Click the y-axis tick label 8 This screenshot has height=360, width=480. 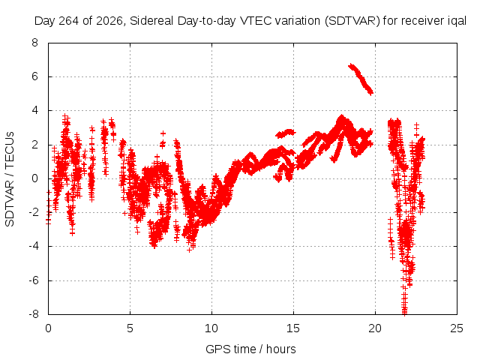click(x=35, y=43)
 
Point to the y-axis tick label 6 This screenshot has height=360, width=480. click(x=35, y=76)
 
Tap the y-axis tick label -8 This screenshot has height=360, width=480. click(x=34, y=314)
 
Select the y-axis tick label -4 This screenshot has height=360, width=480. click(x=34, y=246)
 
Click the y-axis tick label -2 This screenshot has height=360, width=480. click(x=34, y=212)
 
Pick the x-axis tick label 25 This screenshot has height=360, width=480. click(x=457, y=328)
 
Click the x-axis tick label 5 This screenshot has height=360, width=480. click(x=130, y=328)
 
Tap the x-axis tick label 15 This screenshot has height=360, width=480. click(x=293, y=328)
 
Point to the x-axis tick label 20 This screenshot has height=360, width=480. click(x=375, y=328)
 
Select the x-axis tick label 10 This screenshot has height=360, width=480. click(x=211, y=328)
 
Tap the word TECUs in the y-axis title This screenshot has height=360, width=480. click(x=10, y=149)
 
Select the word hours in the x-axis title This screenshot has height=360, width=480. click(x=281, y=349)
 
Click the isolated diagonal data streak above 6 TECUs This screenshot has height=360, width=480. click(x=361, y=79)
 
